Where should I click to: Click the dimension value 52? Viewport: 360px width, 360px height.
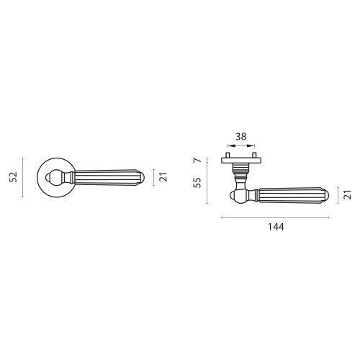pos(14,177)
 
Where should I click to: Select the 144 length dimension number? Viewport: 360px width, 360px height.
pos(276,227)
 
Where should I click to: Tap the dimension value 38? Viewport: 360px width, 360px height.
pos(241,137)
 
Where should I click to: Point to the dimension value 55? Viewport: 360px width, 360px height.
pos(197,183)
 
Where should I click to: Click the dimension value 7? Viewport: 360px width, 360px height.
pos(197,160)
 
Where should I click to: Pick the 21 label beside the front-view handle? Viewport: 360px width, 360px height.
pos(163,177)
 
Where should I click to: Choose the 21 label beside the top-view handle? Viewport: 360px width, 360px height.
pos(348,194)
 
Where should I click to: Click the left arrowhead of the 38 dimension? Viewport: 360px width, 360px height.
pos(230,145)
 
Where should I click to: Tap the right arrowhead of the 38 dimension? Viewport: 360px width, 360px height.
pos(252,145)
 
